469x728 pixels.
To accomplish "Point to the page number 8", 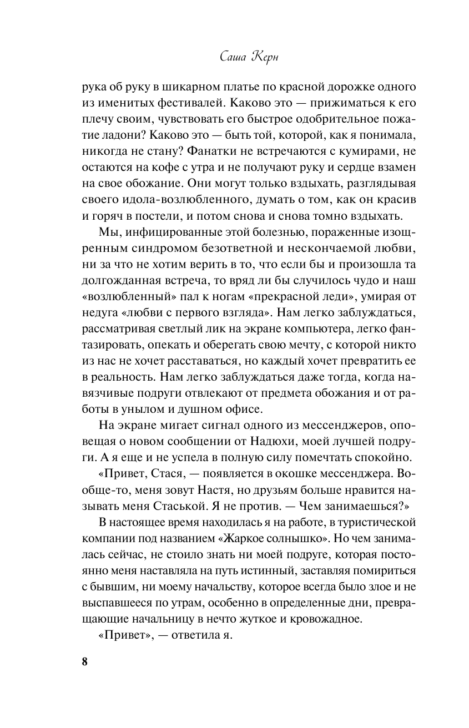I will coord(84,663).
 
